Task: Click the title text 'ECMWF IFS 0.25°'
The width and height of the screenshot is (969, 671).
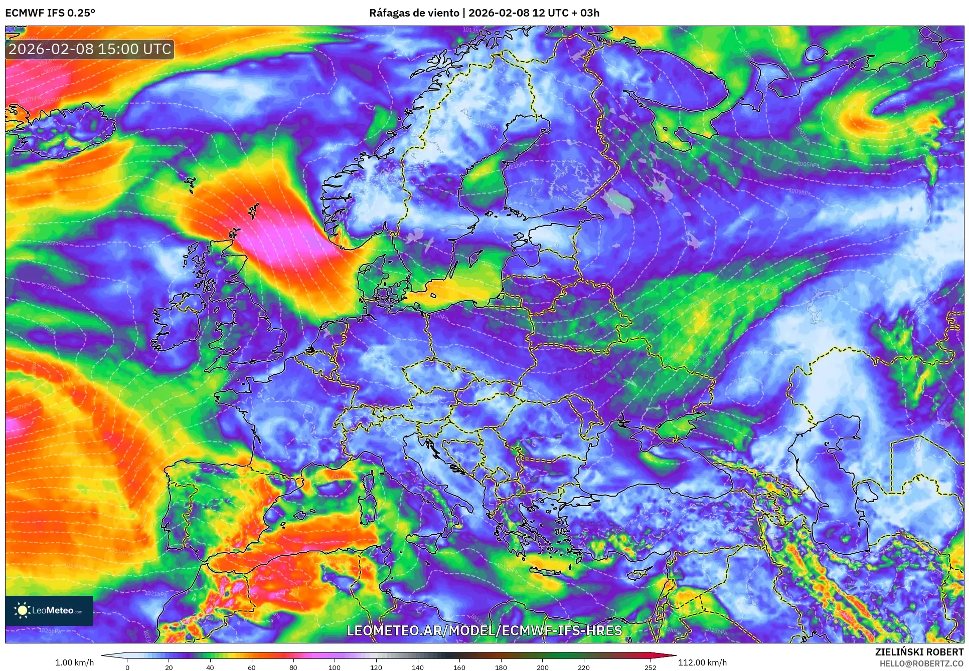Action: [50, 13]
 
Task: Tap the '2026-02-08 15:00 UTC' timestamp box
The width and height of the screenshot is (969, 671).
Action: [90, 49]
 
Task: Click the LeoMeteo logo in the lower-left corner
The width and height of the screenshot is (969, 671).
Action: [49, 610]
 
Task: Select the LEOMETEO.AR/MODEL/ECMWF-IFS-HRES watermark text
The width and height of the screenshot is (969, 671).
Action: [484, 630]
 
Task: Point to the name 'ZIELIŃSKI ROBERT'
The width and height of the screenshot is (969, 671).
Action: [919, 652]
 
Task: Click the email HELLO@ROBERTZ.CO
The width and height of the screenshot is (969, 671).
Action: [921, 663]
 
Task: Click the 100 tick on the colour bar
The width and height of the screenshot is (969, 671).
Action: [335, 667]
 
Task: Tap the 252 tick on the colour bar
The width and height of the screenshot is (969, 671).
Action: [650, 667]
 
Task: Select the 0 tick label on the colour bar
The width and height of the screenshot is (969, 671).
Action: [127, 667]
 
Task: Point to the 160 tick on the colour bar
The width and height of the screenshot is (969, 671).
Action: [459, 667]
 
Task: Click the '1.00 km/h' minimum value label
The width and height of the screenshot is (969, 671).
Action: [74, 662]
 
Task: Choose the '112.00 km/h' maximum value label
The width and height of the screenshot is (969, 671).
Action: [702, 662]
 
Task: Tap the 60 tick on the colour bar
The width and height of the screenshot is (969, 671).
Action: [252, 667]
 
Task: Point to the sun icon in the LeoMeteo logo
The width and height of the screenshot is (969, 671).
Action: [22, 610]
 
